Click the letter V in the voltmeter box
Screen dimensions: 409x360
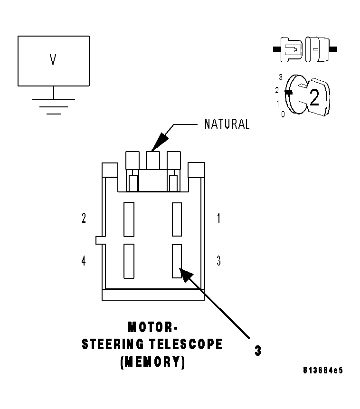coord(53,59)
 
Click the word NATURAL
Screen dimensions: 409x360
coord(227,124)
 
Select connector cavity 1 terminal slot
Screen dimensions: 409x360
coord(177,219)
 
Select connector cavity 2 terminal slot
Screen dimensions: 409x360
coord(129,219)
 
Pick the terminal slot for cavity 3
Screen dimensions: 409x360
coord(177,261)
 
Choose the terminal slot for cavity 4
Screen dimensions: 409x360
coord(129,261)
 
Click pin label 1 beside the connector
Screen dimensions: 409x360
coord(218,219)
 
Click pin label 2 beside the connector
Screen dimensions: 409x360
coord(84,219)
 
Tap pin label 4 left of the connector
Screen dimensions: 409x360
coord(84,261)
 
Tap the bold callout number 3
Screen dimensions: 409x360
coord(257,351)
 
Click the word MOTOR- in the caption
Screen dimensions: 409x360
coord(152,327)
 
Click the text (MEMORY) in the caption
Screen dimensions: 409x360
coord(152,361)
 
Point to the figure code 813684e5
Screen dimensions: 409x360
coord(322,370)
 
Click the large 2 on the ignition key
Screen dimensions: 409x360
coord(314,98)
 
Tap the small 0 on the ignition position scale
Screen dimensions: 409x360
coord(283,114)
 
